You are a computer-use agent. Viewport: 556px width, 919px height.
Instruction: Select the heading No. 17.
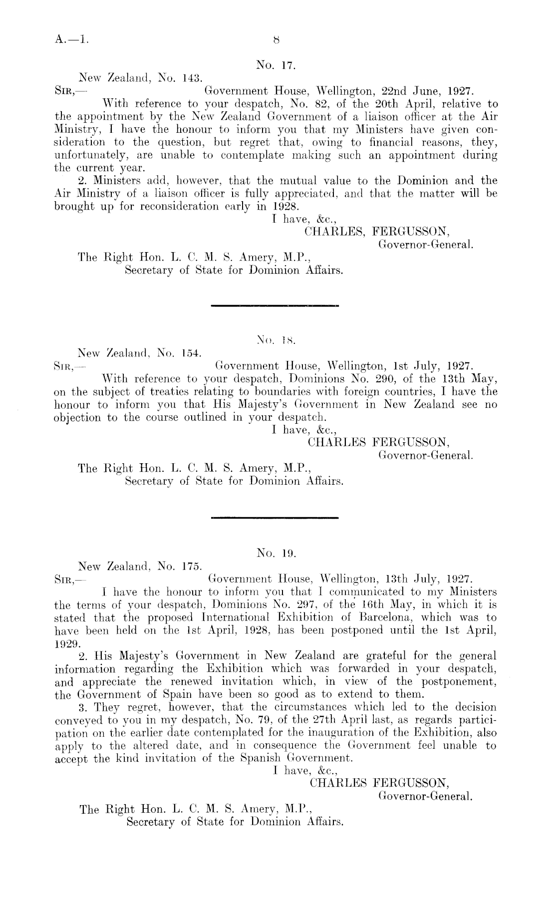277,65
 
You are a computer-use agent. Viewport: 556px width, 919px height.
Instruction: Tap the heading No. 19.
277,553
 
